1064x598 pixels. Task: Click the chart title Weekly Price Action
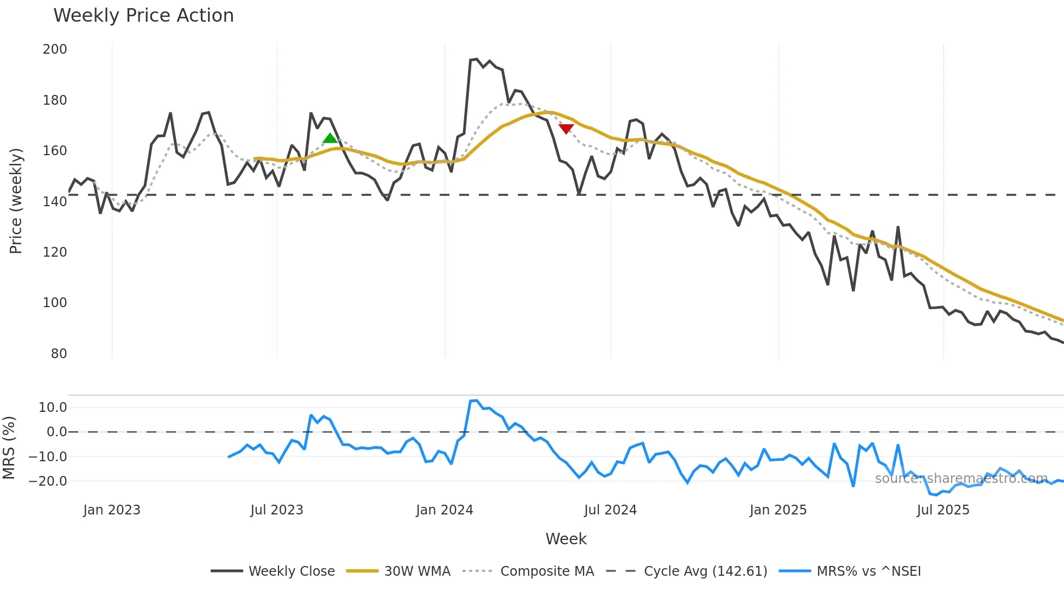click(x=143, y=16)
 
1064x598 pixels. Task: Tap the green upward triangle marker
click(x=330, y=138)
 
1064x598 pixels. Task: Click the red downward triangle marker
click(x=566, y=129)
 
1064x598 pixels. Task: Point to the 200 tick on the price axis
click(x=55, y=49)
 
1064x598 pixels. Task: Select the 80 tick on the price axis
click(x=59, y=354)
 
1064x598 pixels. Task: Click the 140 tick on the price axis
click(x=55, y=202)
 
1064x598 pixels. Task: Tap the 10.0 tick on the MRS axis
click(x=53, y=408)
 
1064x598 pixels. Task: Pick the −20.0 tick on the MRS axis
click(x=48, y=481)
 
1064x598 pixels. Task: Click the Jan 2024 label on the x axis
click(x=445, y=510)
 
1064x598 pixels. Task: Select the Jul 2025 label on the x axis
click(x=943, y=510)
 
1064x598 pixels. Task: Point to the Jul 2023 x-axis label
click(x=277, y=510)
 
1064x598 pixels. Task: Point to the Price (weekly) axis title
click(x=16, y=201)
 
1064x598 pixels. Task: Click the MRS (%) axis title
click(x=9, y=448)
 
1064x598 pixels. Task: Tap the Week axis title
click(x=566, y=539)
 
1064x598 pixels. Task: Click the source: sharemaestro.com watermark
click(x=961, y=479)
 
